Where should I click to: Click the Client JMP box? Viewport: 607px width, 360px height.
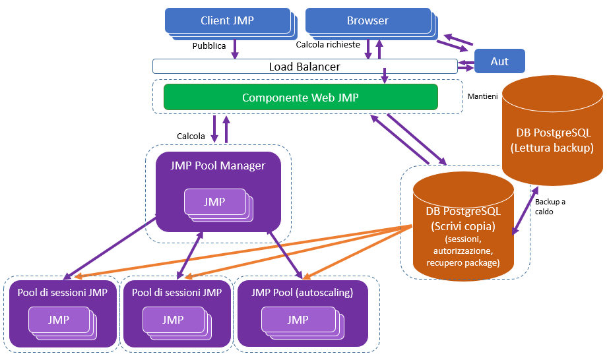coord(227,20)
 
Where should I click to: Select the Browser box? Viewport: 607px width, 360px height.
coord(367,20)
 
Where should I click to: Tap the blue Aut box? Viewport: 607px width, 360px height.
coord(499,61)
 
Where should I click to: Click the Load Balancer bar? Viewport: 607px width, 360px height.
coord(304,67)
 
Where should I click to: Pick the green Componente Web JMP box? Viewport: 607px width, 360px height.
coord(300,98)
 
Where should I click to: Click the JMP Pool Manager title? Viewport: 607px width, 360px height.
coord(218,165)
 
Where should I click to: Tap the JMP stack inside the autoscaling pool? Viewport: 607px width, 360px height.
coord(298,320)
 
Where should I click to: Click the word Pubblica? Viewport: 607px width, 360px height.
coord(209,46)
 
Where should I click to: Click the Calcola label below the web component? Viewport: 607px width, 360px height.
coord(191,136)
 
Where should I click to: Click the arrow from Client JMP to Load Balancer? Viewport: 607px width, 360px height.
coord(235,48)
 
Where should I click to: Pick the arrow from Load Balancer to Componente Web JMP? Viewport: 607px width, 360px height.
coord(384,76)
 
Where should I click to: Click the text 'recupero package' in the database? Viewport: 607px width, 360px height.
coord(463,262)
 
